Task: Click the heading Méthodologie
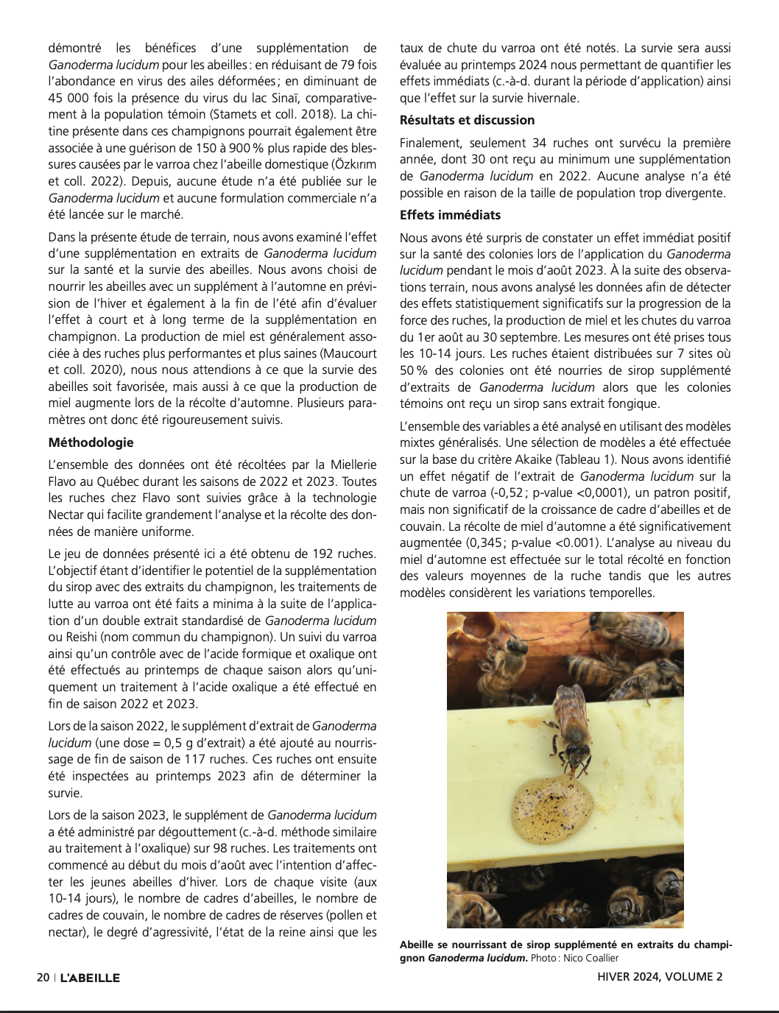(x=91, y=442)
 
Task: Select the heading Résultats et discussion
(x=467, y=120)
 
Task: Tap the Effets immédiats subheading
(x=450, y=215)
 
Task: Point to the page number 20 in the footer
(x=43, y=978)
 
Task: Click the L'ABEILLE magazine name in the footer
(x=90, y=978)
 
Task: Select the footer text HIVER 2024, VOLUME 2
(x=660, y=977)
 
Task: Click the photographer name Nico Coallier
(x=591, y=958)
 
